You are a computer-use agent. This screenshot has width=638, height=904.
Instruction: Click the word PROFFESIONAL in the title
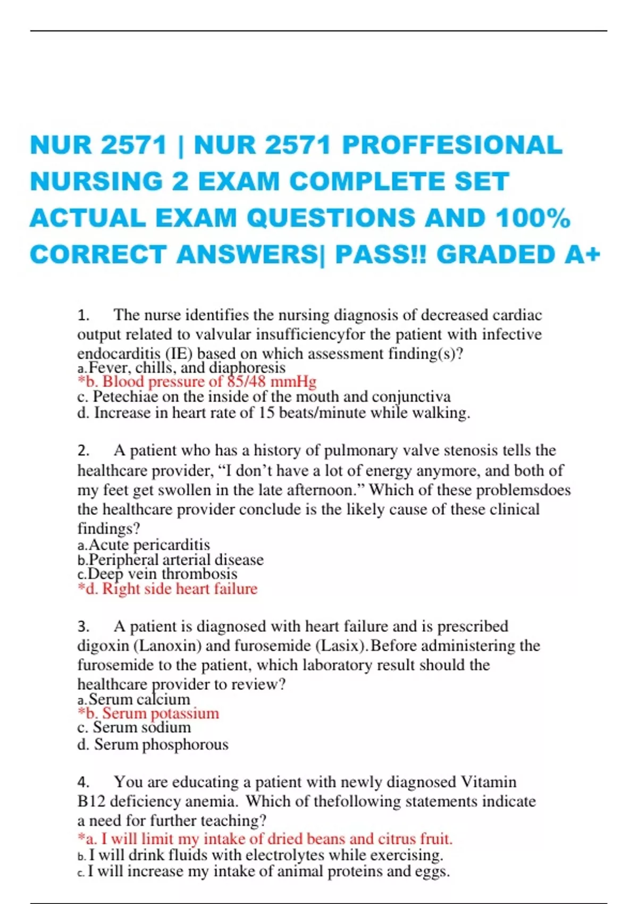pos(452,146)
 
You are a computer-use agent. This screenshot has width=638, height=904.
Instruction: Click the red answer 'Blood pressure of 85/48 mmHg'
pos(197,382)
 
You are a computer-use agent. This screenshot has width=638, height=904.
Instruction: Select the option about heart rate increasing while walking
pos(274,413)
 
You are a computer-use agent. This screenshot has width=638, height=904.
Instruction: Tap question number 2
pos(83,451)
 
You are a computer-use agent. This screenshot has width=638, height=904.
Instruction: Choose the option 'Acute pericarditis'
pos(149,545)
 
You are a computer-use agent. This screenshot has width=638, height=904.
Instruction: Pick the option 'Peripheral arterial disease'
pos(175,560)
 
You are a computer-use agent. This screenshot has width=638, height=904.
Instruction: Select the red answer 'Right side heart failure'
pos(167,589)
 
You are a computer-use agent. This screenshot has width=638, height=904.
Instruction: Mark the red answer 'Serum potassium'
pos(148,714)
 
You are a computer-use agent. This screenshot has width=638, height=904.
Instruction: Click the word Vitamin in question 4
pos(488,782)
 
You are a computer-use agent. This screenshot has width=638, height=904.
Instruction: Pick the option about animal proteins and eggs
pos(268,872)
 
